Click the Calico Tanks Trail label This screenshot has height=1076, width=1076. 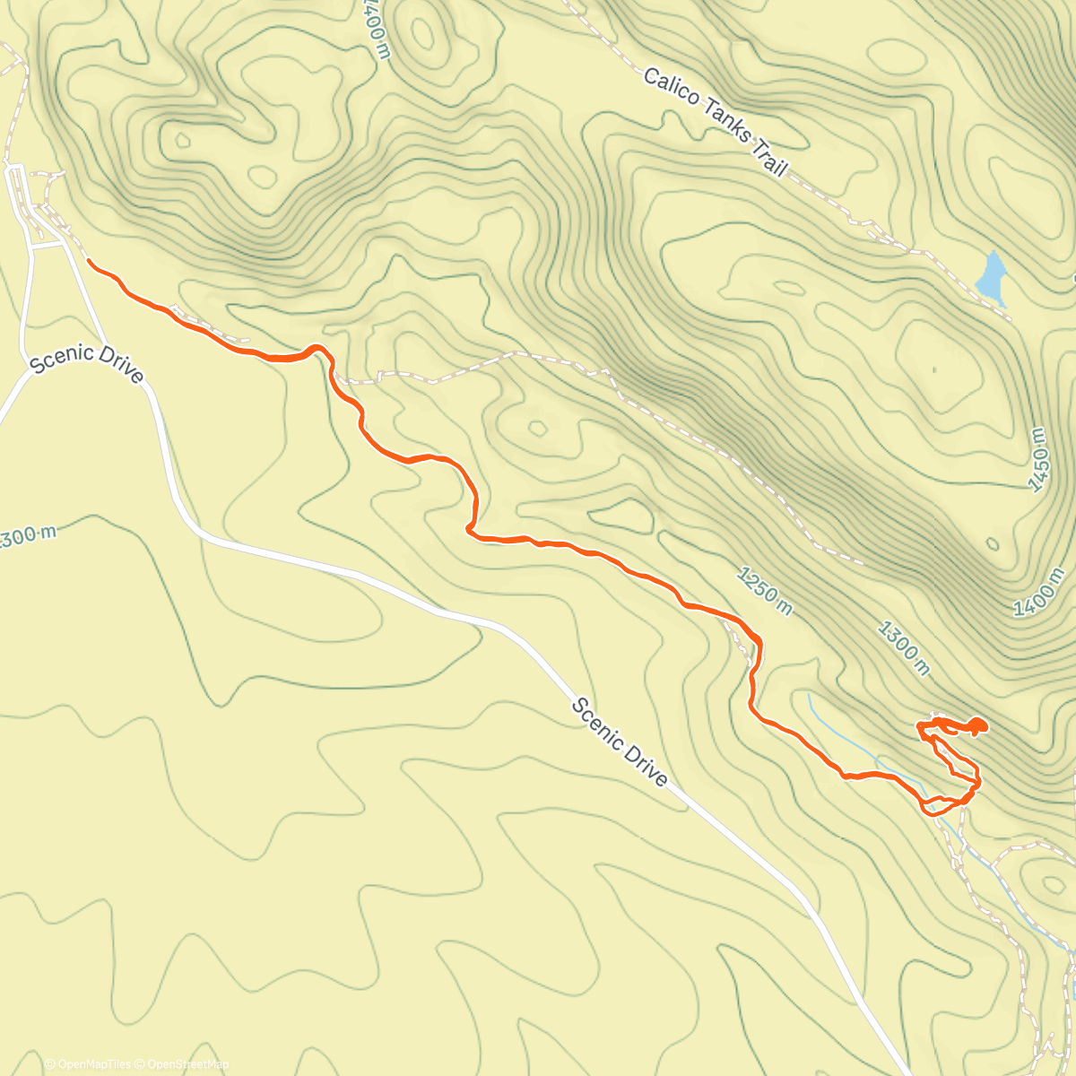click(x=715, y=122)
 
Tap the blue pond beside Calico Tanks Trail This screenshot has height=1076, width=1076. click(x=992, y=277)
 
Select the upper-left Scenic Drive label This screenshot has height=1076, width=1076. click(x=86, y=361)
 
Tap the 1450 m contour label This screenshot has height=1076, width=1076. click(x=1037, y=458)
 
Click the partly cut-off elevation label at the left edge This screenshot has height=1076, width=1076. click(x=27, y=536)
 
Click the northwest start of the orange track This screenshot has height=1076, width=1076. click(x=89, y=261)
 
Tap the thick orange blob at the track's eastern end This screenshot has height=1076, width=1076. click(x=976, y=725)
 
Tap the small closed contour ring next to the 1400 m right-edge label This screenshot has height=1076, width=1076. click(x=993, y=543)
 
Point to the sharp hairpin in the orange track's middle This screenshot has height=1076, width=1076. click(x=469, y=530)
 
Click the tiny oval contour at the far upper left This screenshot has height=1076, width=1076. click(x=183, y=140)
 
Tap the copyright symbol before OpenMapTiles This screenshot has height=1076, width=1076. click(x=49, y=1064)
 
